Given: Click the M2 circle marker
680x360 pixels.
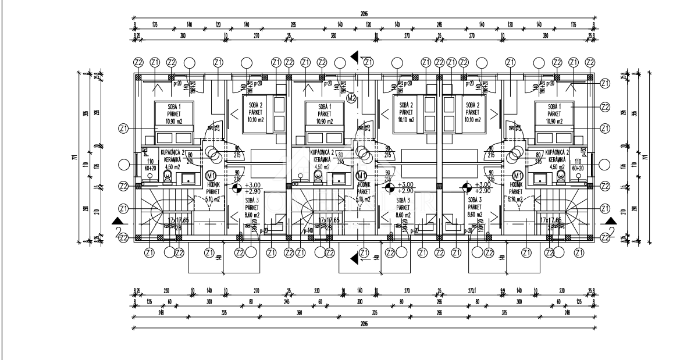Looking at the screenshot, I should point(351,98).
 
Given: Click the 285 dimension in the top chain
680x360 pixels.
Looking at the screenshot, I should point(293,25).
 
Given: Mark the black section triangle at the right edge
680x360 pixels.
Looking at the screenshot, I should point(610,221).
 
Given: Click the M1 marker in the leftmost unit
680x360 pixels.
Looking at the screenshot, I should point(212,175).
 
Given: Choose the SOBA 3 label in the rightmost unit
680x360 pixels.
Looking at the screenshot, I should point(475,199).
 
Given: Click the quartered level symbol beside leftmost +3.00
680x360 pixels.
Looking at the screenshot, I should point(236,187).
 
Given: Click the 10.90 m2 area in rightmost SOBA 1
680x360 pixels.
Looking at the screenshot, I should point(550,122).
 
